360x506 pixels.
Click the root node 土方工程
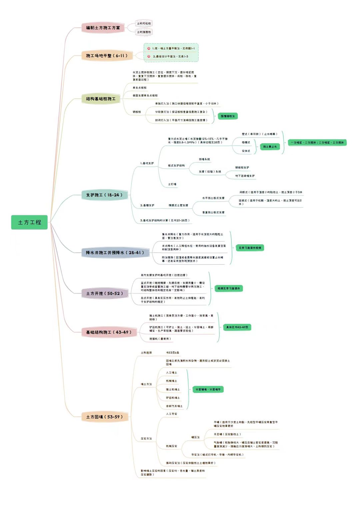(x=29, y=222)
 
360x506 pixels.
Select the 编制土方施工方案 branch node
(x=103, y=28)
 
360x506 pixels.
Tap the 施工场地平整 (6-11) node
(x=107, y=56)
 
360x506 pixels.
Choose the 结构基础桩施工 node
(x=101, y=99)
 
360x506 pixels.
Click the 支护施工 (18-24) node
(x=104, y=195)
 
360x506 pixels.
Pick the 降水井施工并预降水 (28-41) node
(x=115, y=253)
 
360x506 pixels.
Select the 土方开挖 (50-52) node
(x=105, y=293)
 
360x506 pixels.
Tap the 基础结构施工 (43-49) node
(x=109, y=332)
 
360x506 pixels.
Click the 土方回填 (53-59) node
(x=104, y=417)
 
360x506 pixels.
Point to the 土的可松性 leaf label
(x=144, y=23)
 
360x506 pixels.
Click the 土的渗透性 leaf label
(x=144, y=32)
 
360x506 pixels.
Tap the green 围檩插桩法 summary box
(x=228, y=116)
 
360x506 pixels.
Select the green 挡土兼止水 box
(x=270, y=147)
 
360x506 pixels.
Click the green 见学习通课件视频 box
(x=250, y=248)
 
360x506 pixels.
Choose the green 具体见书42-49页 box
(x=237, y=327)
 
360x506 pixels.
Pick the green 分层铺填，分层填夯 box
(x=208, y=389)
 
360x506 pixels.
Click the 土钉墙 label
(x=172, y=184)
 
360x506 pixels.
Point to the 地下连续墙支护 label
(x=245, y=176)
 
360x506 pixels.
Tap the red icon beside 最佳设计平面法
(x=149, y=56)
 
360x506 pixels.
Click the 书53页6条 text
(x=173, y=353)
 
